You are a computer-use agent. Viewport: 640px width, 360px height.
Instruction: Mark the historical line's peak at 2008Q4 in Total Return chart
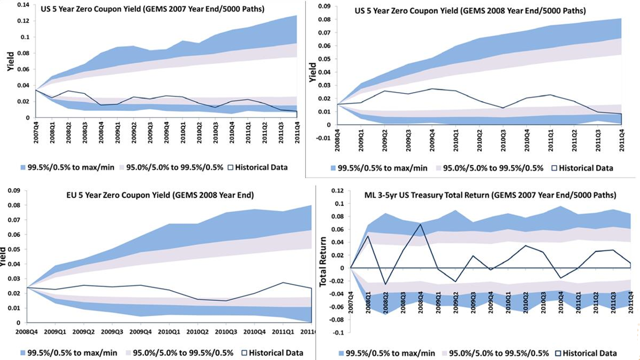click(421, 224)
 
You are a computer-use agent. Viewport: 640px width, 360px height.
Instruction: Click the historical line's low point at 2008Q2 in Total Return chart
click(386, 284)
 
